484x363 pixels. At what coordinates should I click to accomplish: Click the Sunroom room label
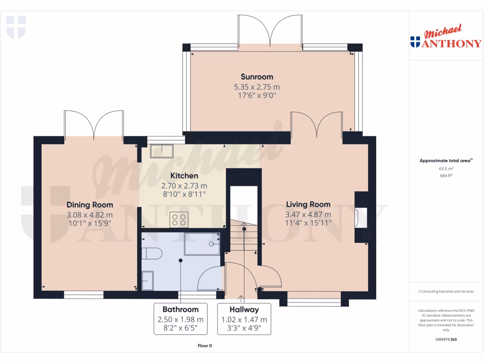coord(257,77)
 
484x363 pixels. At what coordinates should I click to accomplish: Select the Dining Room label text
coord(90,205)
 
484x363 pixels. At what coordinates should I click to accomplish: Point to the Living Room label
coord(308,205)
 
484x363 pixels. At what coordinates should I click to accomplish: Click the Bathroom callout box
coord(181,319)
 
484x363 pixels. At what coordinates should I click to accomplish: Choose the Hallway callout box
coord(244,319)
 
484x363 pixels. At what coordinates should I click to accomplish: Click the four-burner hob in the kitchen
coord(180,220)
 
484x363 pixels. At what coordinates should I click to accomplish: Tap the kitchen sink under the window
coord(162,151)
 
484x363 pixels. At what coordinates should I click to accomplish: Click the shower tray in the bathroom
coord(202,244)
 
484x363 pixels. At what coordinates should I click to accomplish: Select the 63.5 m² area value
coord(446,168)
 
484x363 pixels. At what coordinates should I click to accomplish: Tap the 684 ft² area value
coord(446,175)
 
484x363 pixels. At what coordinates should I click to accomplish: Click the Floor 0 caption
coord(205,346)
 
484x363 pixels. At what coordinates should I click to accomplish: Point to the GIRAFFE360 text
coord(446,339)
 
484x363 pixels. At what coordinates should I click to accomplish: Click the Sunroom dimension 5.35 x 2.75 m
coord(257,87)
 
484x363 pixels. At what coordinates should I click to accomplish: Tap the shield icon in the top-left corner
coord(16,27)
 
